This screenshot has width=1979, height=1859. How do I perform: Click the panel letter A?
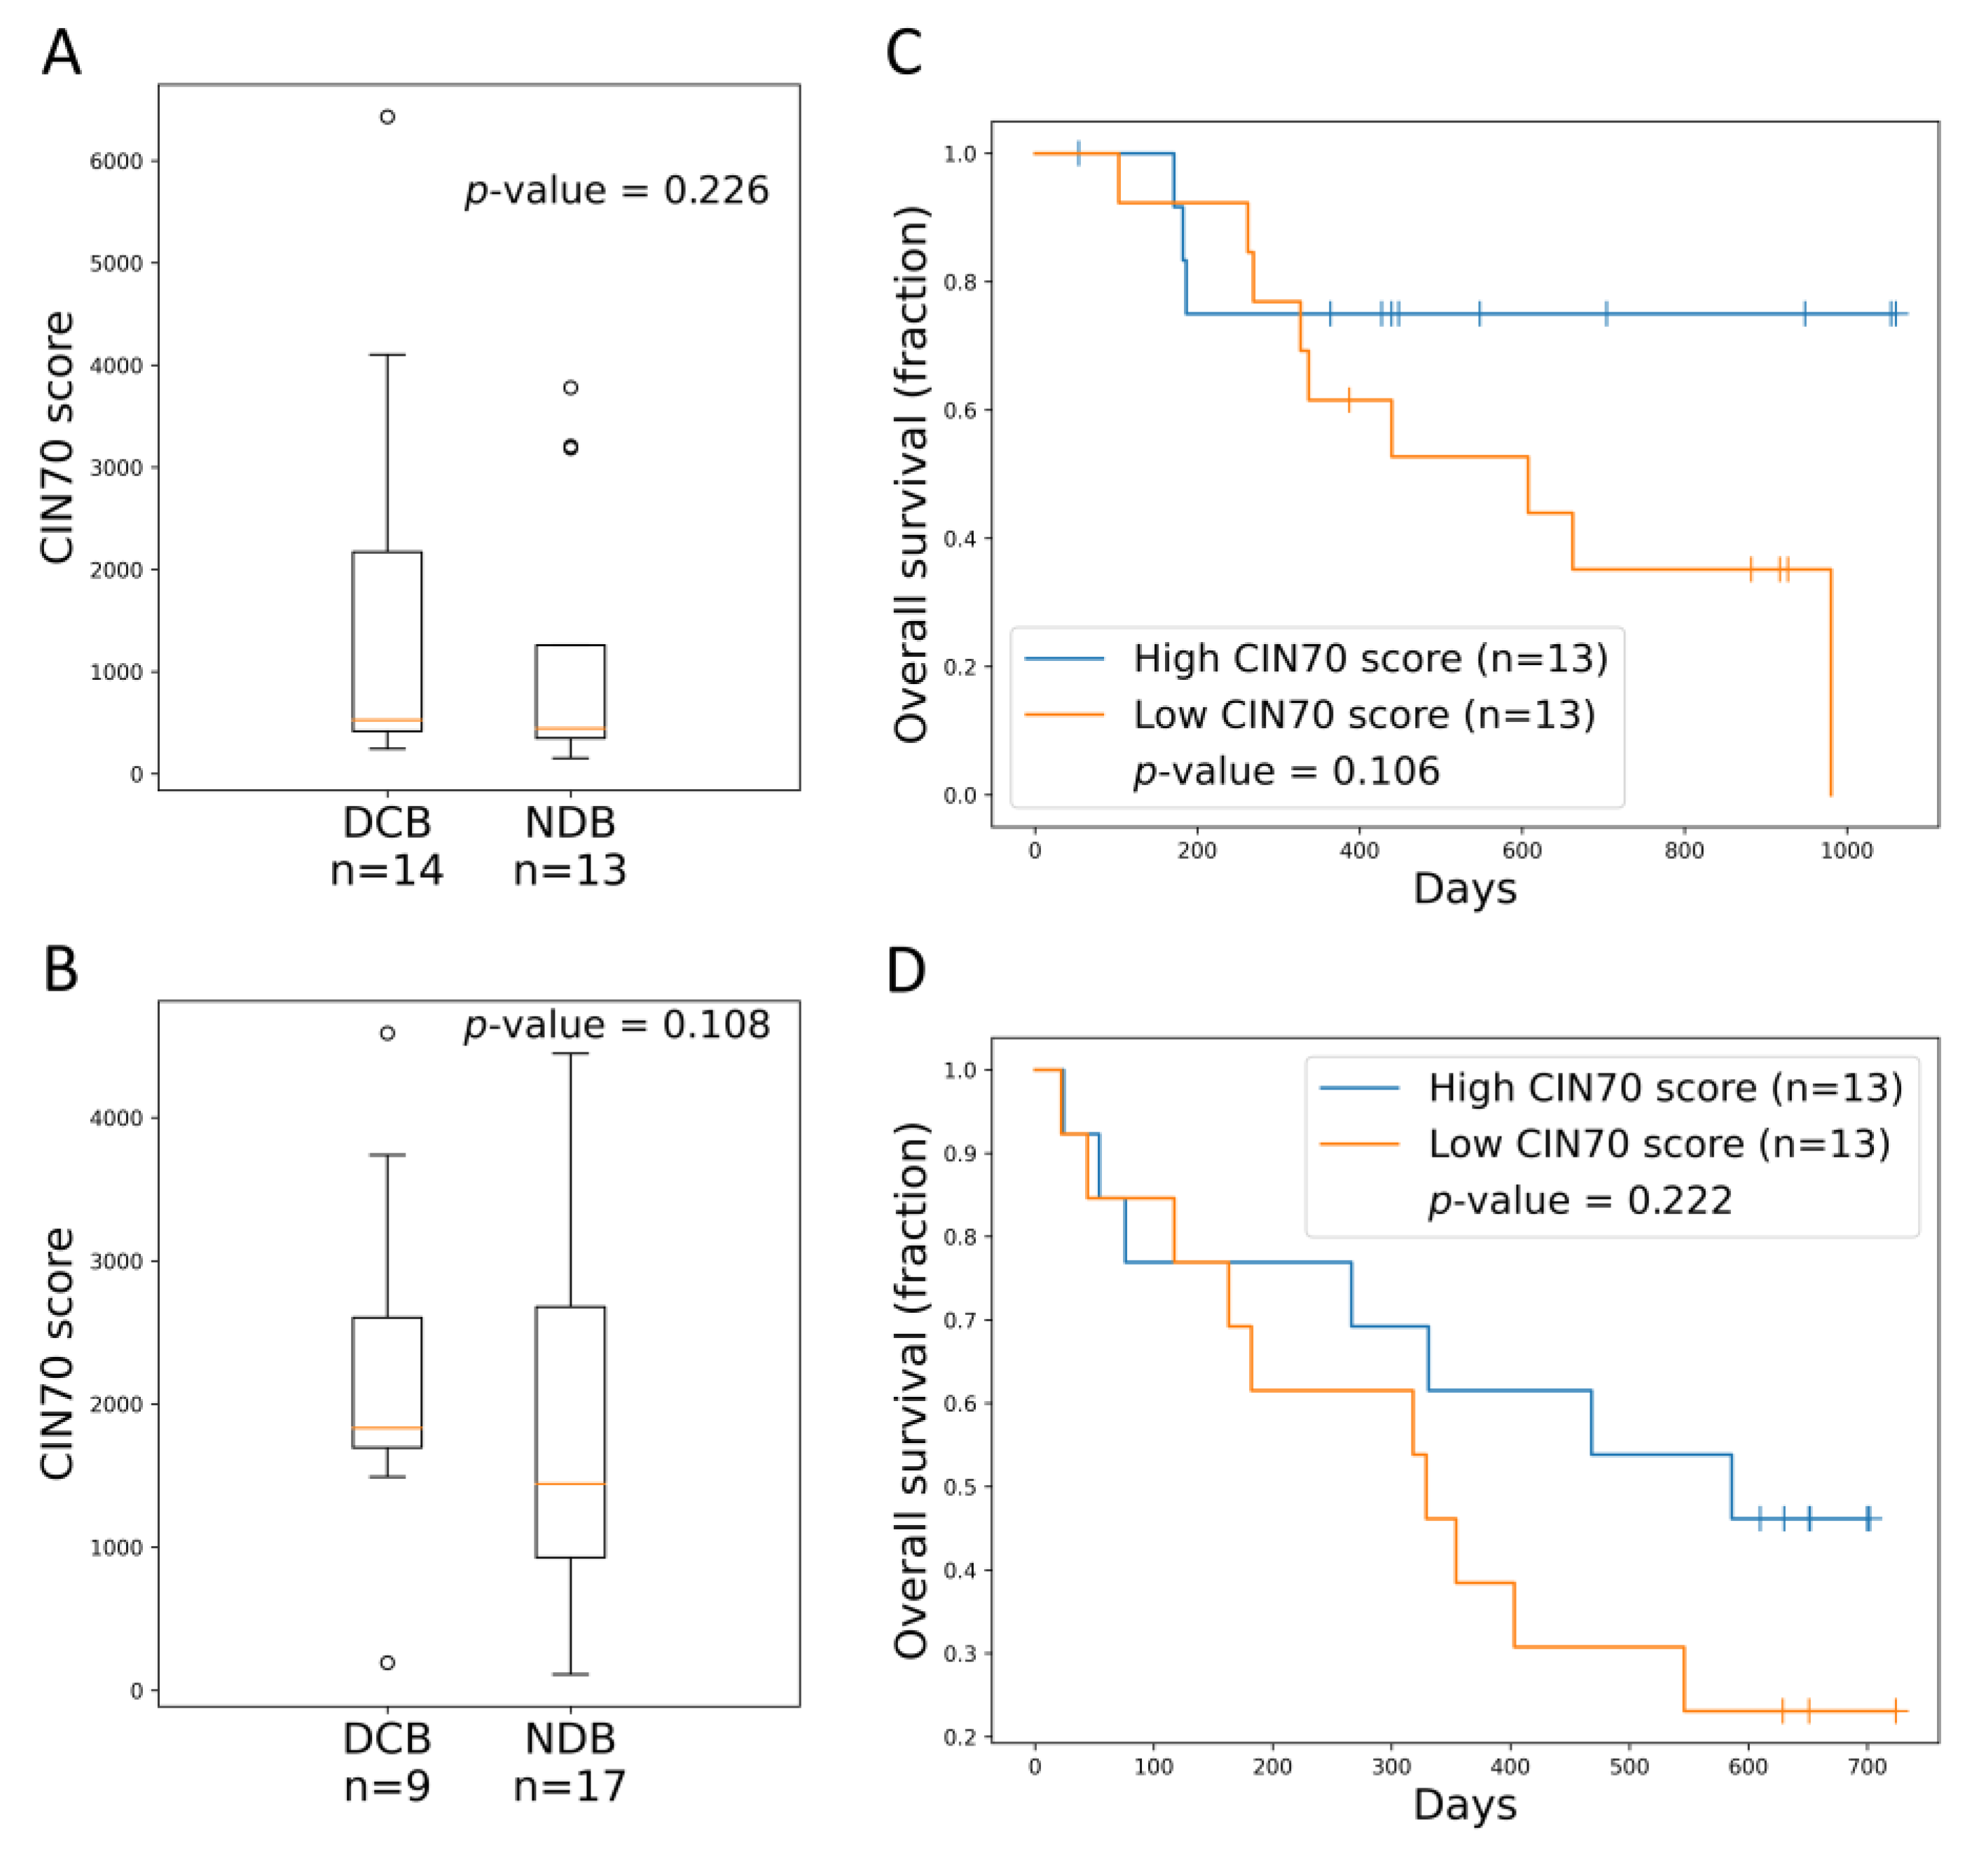pyautogui.click(x=61, y=53)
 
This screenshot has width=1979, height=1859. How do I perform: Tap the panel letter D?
pyautogui.click(x=905, y=970)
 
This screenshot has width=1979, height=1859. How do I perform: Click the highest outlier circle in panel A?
pyautogui.click(x=387, y=116)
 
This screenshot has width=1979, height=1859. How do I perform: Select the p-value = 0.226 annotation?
pyautogui.click(x=617, y=189)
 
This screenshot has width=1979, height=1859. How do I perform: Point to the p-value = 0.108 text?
pyautogui.click(x=617, y=1024)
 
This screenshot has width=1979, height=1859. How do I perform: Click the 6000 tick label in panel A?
pyautogui.click(x=116, y=161)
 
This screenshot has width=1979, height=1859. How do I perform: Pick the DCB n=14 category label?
pyautogui.click(x=387, y=845)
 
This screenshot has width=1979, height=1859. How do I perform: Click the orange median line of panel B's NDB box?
pyautogui.click(x=570, y=1484)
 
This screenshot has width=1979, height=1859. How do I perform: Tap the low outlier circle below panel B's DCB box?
pyautogui.click(x=387, y=1663)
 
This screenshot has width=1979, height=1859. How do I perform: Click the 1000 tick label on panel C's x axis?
pyautogui.click(x=1847, y=851)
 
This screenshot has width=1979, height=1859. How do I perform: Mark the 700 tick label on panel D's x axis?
pyautogui.click(x=1866, y=1767)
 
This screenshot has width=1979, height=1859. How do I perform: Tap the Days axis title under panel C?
pyautogui.click(x=1464, y=888)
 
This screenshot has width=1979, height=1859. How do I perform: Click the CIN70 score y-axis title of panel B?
pyautogui.click(x=57, y=1353)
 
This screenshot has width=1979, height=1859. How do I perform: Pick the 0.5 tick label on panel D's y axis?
pyautogui.click(x=960, y=1486)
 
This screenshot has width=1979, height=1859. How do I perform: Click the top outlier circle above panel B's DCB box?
pyautogui.click(x=387, y=1033)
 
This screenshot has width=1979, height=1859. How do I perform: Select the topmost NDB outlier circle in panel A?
pyautogui.click(x=570, y=387)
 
